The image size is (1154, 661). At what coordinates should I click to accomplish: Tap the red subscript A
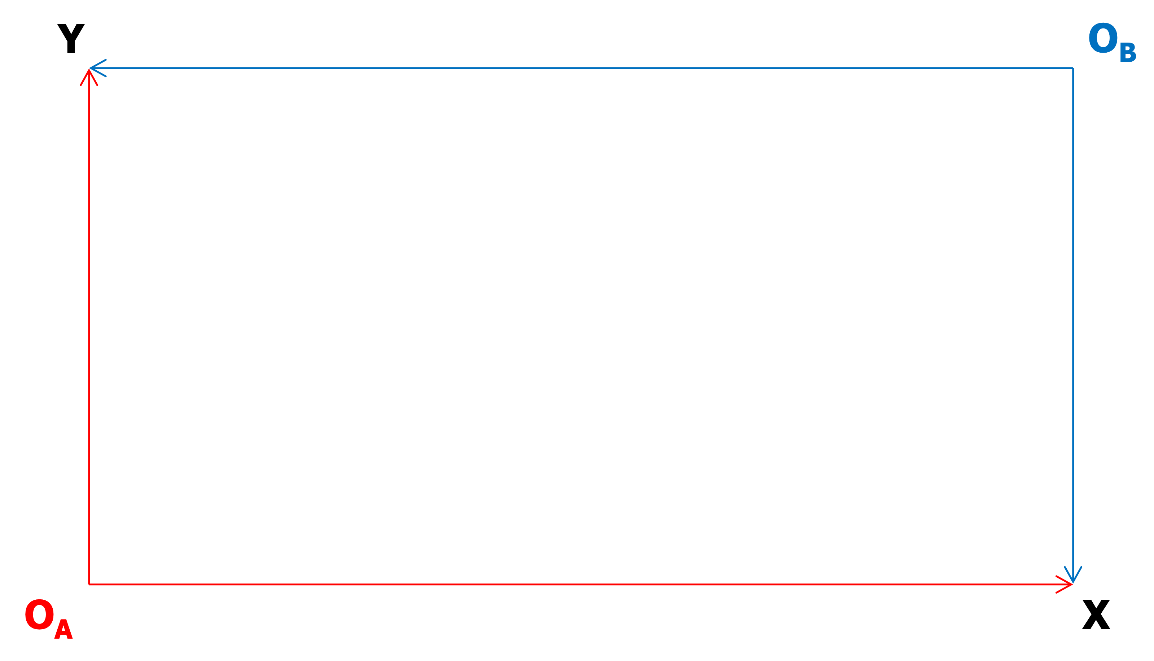[63, 629]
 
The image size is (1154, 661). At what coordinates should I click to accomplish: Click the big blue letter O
[1103, 39]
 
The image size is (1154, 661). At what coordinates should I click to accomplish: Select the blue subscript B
[1128, 52]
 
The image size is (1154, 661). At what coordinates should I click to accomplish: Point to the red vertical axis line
[89, 327]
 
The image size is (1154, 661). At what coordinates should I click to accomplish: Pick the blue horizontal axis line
[581, 68]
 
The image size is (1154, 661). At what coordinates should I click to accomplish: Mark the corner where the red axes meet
[89, 584]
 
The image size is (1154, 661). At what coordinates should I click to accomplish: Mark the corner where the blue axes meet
[1073, 68]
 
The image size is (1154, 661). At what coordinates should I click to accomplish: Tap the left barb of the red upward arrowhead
[84, 78]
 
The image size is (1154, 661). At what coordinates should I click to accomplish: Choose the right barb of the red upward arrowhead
[93, 78]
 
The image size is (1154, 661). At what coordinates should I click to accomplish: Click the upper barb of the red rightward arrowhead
[1065, 580]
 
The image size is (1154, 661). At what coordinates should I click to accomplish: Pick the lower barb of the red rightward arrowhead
[1065, 589]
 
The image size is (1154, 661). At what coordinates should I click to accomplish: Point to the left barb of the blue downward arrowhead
[1069, 575]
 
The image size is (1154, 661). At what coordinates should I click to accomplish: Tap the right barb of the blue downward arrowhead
[1078, 575]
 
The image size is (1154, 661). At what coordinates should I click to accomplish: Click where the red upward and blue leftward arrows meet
[89, 69]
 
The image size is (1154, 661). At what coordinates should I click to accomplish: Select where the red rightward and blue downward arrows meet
[1073, 584]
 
